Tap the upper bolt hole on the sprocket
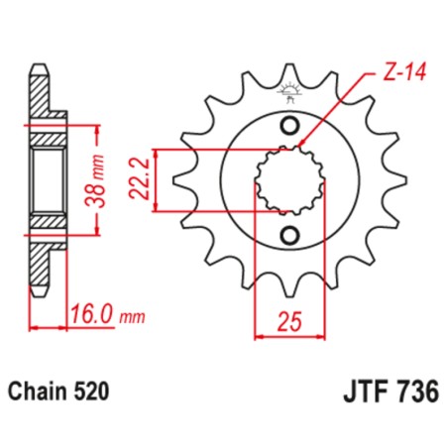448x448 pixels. click(x=289, y=126)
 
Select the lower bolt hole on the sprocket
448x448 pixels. click(x=289, y=235)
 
